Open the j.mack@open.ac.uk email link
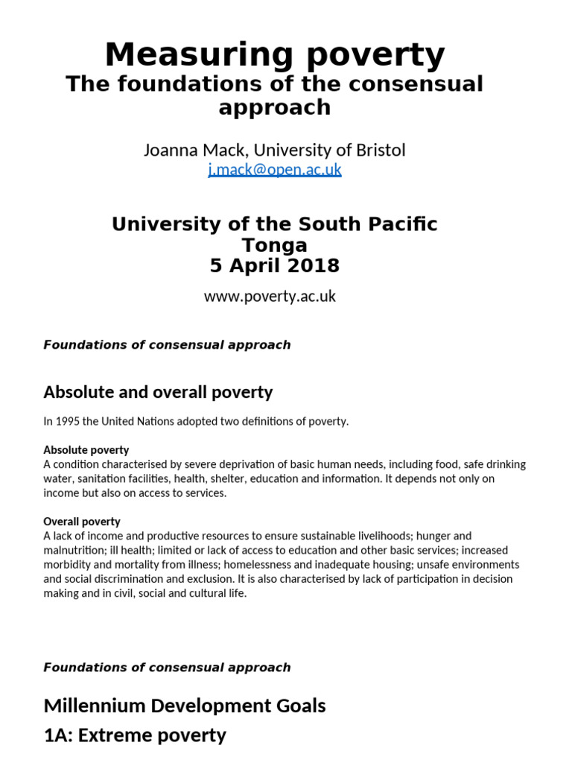coord(274,169)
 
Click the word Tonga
coord(274,244)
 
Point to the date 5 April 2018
coord(274,265)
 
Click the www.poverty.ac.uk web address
coord(270,296)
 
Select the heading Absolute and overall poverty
coord(158,392)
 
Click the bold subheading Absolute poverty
coord(86,450)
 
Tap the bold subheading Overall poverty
coord(82,522)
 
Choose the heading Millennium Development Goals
coord(184,705)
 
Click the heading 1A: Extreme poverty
coord(135,735)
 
